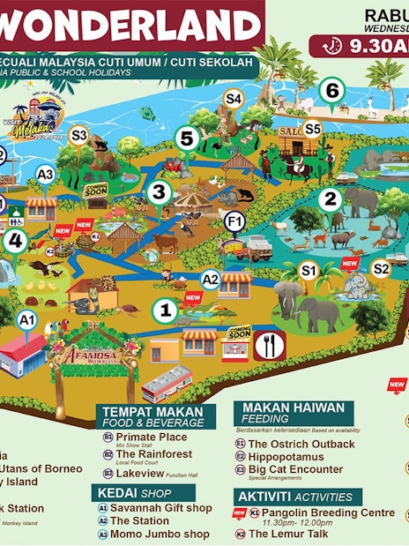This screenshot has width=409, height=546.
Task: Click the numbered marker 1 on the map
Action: point(163,310)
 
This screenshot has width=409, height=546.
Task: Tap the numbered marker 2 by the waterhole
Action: point(330,199)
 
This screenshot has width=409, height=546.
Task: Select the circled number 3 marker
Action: point(159,191)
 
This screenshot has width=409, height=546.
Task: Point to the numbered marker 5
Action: point(186,138)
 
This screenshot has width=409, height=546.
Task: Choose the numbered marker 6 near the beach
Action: point(331,90)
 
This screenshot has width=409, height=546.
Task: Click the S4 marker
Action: point(233,99)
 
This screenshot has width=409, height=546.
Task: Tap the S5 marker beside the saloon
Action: point(313,129)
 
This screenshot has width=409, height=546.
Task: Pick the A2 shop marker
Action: point(211,280)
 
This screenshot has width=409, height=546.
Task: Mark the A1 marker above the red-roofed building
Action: point(27,318)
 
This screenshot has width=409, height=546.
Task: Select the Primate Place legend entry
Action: point(151,437)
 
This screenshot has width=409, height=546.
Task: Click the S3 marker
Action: point(79,135)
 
